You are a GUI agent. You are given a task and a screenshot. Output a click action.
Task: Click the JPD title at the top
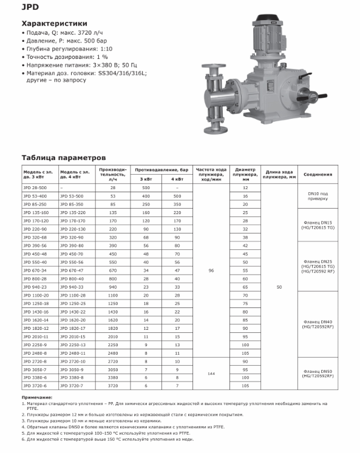click(30, 7)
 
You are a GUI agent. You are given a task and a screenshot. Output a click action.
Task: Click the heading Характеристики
click(55, 24)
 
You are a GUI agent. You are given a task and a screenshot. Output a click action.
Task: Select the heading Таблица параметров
click(64, 158)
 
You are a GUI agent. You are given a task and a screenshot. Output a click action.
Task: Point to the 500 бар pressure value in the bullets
click(95, 41)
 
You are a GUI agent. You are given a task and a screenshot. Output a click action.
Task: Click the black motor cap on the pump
click(267, 18)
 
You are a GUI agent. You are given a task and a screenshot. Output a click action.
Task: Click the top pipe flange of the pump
click(214, 66)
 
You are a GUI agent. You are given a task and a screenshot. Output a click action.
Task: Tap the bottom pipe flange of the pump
click(215, 130)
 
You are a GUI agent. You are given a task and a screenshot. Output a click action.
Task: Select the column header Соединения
click(318, 175)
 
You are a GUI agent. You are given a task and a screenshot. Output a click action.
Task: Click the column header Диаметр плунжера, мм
click(245, 175)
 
